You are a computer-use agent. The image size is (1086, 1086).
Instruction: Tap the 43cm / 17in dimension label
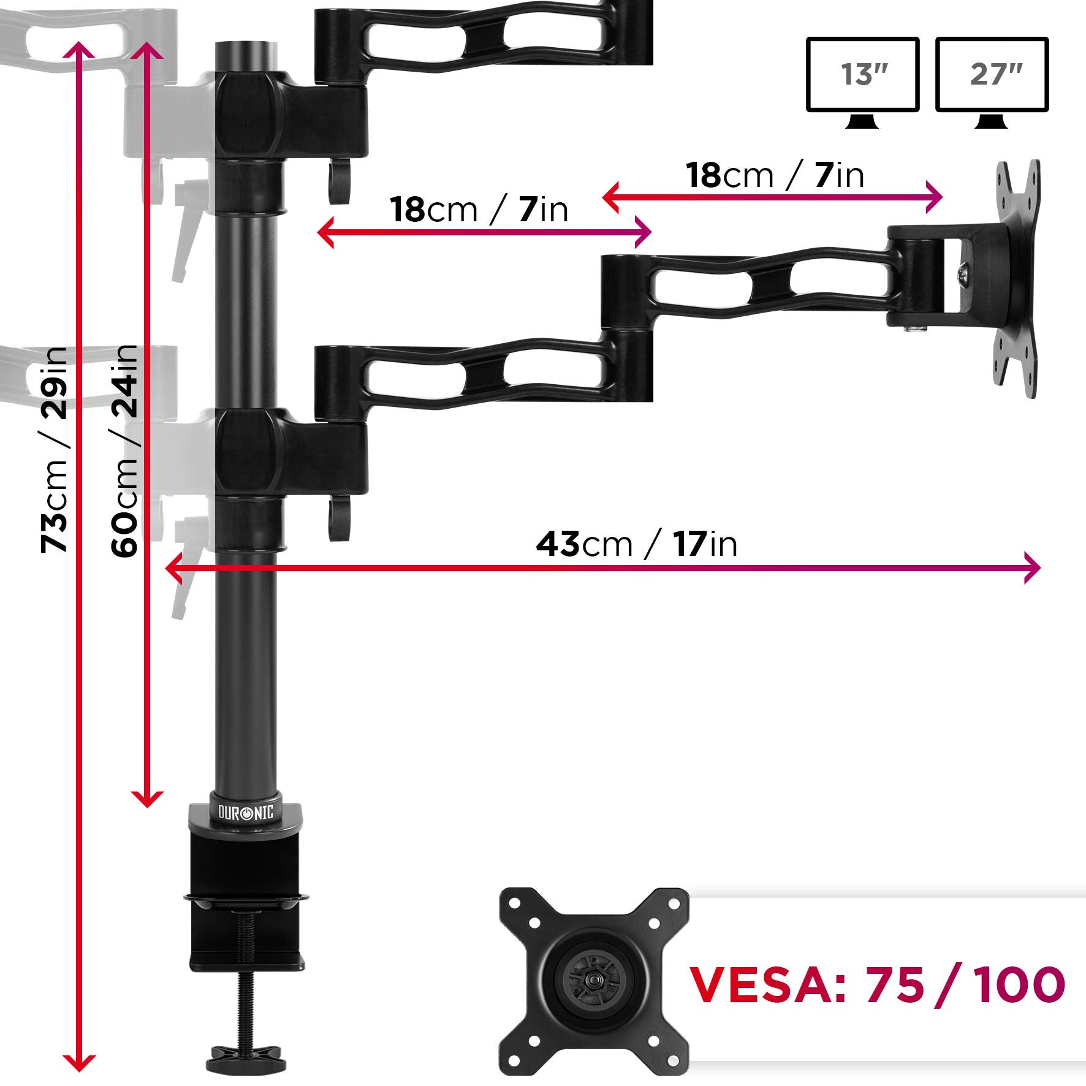coord(636,544)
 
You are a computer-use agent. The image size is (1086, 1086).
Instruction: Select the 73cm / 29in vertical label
coord(54,450)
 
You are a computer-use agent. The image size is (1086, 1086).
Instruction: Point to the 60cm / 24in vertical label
coord(124,450)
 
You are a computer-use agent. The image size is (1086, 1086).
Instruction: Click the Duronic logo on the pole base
coord(246,813)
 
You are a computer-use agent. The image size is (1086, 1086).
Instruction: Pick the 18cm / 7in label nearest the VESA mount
coord(775,175)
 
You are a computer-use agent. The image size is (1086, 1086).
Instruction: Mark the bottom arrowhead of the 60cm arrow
coord(147,799)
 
